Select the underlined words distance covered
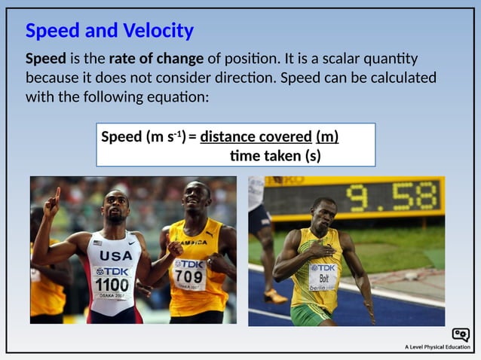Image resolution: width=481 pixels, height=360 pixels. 256,137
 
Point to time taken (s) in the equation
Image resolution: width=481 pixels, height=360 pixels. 275,156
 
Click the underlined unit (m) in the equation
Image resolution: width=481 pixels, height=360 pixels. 327,137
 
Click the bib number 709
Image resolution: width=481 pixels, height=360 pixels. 189,276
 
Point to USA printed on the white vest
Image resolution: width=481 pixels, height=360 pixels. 115,255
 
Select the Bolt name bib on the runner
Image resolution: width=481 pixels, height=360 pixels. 323,279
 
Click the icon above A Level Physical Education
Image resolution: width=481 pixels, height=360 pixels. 460,334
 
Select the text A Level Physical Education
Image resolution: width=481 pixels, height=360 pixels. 437,347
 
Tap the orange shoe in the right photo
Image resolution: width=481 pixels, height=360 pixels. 276,297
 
